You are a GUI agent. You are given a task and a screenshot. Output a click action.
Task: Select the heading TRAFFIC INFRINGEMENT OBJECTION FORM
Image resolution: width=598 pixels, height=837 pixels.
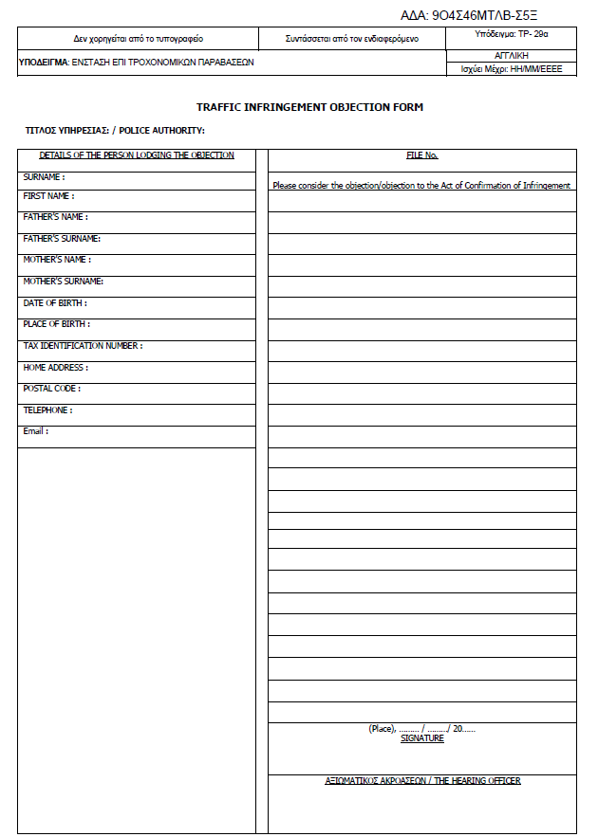309,107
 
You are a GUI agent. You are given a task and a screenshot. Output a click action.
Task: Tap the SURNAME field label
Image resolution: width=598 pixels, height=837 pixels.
44,176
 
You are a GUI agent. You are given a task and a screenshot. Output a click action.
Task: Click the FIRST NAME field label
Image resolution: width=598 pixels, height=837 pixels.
48,196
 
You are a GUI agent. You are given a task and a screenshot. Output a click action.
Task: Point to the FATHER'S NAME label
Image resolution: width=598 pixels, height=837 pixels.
55,217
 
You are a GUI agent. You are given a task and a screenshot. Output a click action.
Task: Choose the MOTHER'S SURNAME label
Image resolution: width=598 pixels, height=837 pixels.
64,282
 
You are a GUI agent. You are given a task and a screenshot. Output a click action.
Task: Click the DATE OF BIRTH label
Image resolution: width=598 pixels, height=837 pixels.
55,303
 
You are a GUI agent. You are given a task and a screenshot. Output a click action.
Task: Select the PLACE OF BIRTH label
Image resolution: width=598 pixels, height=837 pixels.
57,324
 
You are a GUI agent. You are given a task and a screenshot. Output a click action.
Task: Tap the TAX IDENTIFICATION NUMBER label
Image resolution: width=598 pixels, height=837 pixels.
83,346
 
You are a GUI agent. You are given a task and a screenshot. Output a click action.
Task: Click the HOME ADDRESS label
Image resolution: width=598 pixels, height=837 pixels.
55,367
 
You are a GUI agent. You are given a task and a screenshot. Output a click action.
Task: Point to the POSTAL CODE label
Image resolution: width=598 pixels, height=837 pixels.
51,389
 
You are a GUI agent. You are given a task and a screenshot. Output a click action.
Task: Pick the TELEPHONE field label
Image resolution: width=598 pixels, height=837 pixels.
47,410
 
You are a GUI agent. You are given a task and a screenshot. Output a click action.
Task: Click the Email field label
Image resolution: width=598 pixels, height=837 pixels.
35,431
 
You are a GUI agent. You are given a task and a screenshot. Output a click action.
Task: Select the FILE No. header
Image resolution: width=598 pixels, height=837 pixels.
421,155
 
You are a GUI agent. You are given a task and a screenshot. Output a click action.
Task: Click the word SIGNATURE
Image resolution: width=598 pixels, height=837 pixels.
421,738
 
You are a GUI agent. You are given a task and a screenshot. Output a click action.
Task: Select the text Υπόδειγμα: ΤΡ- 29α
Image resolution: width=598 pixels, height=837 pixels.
511,34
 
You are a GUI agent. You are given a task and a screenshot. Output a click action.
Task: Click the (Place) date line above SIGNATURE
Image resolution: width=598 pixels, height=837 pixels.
421,728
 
